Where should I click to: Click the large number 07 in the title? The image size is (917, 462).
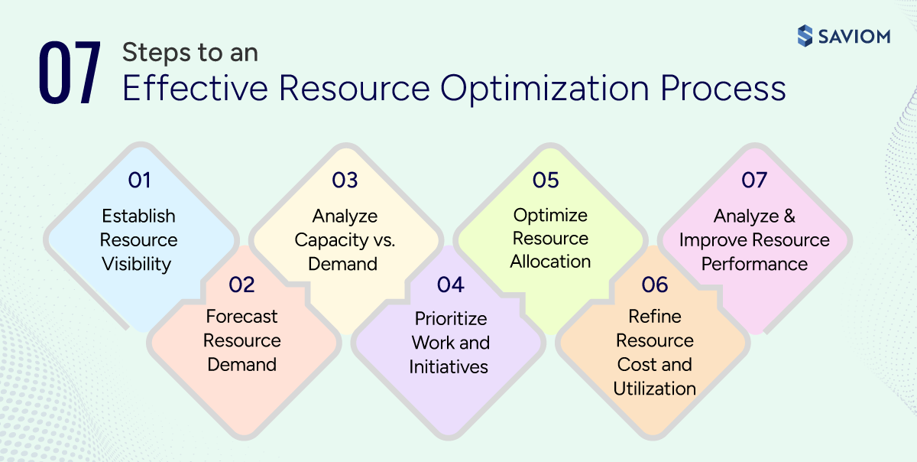pos(70,74)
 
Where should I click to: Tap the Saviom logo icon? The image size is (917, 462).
pos(805,36)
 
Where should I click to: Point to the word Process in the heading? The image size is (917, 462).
pos(724,89)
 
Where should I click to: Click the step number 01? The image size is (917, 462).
pos(139,181)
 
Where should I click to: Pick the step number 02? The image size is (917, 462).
pos(241,285)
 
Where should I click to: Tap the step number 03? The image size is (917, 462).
pos(345,181)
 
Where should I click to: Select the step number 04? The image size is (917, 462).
pos(451,285)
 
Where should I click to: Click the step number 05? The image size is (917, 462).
pos(546,181)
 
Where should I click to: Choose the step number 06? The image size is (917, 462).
pos(655,285)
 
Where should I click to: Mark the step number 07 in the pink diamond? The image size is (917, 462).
pos(754,181)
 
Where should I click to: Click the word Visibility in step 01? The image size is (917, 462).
pos(137,265)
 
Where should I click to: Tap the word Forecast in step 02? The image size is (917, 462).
pos(241,317)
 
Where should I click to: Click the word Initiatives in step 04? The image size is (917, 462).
pos(449,367)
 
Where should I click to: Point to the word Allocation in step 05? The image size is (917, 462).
pos(550,262)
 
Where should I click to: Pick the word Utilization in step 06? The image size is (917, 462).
pos(654,389)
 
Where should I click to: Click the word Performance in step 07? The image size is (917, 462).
pos(754,264)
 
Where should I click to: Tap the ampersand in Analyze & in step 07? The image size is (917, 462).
pos(789,216)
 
